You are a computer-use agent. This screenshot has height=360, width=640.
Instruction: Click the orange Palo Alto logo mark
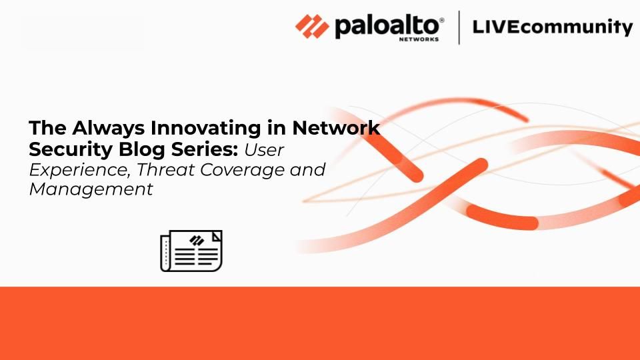coord(312,27)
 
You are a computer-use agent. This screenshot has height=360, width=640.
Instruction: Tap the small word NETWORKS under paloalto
coord(419,39)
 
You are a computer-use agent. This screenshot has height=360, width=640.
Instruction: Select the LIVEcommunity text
coord(553,27)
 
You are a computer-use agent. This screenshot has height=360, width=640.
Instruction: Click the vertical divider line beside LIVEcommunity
coord(459,27)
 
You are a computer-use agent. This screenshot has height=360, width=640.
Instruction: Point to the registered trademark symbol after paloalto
coord(441,21)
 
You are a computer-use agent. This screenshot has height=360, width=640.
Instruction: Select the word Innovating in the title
coord(206,129)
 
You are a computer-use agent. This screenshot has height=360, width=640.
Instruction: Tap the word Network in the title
coord(336,128)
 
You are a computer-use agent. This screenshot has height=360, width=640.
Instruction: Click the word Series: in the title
coord(205,149)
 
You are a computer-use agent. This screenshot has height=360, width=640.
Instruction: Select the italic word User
coord(264,150)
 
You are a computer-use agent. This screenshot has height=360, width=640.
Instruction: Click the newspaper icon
coord(191,251)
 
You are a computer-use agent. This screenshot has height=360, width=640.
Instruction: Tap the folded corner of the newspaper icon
coord(216,236)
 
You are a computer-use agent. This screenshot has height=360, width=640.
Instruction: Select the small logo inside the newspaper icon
coord(197,241)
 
